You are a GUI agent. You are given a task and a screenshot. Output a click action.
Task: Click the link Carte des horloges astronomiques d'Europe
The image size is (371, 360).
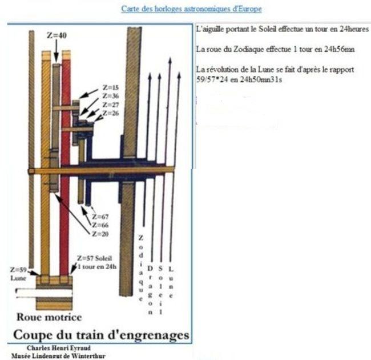pos(191,9)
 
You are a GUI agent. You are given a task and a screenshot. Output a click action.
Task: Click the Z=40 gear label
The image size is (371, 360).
pos(57,35)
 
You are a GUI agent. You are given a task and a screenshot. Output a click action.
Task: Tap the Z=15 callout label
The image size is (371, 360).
pos(111,87)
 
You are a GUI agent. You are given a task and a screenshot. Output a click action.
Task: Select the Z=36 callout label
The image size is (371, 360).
pos(111,96)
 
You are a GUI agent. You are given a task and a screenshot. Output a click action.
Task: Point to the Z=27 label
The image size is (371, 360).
pos(111,105)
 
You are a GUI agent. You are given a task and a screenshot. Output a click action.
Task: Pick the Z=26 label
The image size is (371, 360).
pos(111,113)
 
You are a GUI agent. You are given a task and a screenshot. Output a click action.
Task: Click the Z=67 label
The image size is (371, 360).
pos(100,217)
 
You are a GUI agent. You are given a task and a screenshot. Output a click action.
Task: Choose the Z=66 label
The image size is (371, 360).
pos(100,225)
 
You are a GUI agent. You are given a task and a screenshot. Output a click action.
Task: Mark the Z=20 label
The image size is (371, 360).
pos(100,234)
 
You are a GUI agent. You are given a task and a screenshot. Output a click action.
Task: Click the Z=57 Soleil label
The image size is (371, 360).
pos(95,258)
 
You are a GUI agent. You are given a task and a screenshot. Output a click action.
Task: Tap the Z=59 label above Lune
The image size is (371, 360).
pos(18,270)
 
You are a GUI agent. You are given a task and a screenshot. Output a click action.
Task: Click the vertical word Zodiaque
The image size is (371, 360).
pos(141,268)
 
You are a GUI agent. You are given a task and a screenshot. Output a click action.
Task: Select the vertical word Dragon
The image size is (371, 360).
pos(150,290)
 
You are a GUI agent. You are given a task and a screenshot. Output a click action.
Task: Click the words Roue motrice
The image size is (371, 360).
pos(49,317)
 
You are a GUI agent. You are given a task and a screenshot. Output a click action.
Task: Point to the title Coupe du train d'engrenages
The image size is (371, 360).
pos(101,335)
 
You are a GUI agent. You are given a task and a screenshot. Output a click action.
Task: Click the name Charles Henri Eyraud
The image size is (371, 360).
pos(59,348)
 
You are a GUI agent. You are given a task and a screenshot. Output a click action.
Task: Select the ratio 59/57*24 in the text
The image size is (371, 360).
pos(212,79)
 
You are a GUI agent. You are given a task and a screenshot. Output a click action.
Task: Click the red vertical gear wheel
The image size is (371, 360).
pos(66,166)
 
